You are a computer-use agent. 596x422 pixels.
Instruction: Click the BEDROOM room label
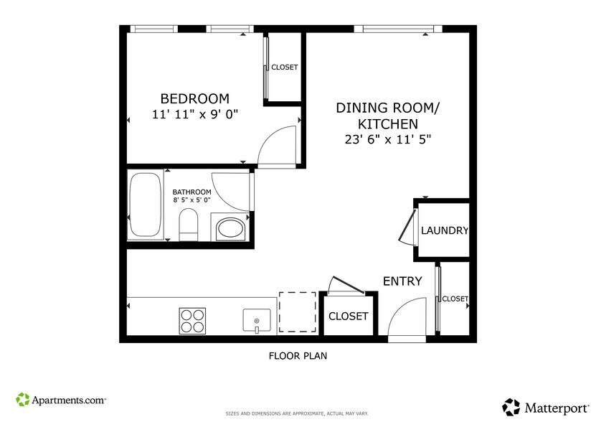(194, 98)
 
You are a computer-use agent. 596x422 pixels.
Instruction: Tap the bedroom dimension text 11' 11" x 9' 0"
(194, 114)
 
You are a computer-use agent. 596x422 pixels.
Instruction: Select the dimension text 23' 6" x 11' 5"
(387, 140)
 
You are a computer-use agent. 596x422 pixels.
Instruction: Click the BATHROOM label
(191, 192)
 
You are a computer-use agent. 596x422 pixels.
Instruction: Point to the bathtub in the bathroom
(147, 205)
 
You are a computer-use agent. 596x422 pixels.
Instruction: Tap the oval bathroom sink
(230, 229)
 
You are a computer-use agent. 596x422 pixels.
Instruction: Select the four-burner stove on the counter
(192, 320)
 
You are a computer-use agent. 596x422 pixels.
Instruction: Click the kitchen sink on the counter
(256, 320)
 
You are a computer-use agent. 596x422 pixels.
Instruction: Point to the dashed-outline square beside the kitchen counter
(297, 311)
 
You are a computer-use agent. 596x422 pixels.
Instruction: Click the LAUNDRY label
(444, 231)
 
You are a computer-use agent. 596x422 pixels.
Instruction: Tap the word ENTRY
(402, 281)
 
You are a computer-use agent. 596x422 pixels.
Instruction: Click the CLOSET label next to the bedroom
(284, 67)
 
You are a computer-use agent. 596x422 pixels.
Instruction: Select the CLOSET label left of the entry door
(348, 316)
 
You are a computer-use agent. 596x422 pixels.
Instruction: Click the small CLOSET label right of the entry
(455, 299)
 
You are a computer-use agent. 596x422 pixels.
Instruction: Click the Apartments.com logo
(61, 399)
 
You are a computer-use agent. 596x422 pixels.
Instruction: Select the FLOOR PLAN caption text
(298, 355)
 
